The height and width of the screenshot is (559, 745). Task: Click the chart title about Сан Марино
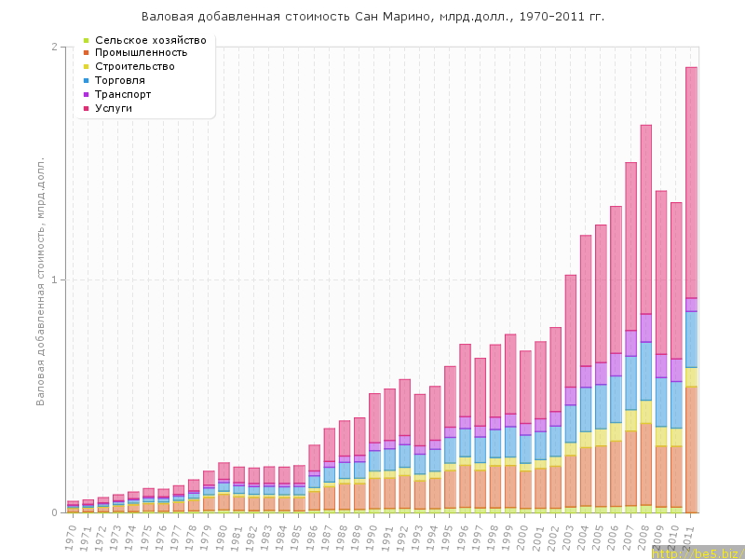(372, 17)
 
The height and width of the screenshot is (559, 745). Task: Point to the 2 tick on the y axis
(54, 47)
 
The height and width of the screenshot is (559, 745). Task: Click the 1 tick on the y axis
(54, 279)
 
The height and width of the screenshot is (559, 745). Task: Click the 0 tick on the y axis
(54, 512)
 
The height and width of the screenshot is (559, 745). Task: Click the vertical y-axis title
(41, 279)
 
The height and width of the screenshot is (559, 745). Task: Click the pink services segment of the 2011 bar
(692, 182)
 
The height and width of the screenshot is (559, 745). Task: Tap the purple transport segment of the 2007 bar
(631, 343)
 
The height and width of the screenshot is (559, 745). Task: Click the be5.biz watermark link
(697, 552)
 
